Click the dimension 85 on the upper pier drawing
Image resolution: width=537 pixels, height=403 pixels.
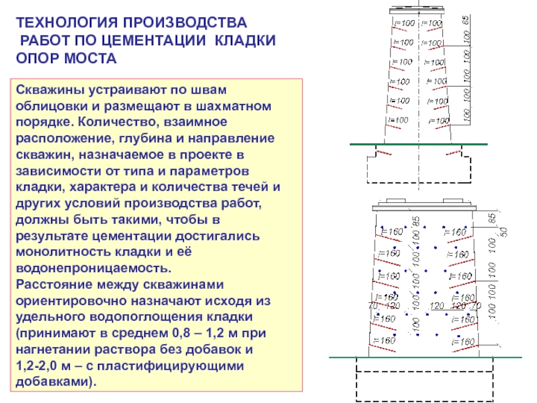[465, 21]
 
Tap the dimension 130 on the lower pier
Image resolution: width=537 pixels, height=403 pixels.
[392, 306]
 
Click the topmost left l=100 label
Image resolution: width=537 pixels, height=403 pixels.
[403, 24]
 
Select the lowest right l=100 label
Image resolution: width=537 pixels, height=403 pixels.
[439, 121]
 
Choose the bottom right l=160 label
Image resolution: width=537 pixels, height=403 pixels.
[463, 342]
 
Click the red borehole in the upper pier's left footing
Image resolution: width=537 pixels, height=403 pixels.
[384, 154]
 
